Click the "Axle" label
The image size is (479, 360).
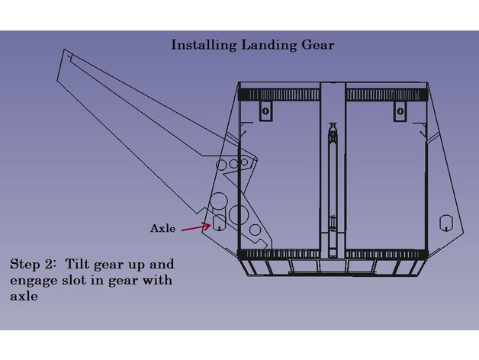[x=163, y=228]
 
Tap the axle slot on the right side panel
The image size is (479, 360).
[x=445, y=223]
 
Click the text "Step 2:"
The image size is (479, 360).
[x=32, y=265]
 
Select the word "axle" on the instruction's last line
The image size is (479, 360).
[x=24, y=296]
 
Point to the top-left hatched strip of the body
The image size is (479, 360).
[x=279, y=95]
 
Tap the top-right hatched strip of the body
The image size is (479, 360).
[x=385, y=95]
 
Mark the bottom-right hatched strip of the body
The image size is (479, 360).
[x=385, y=252]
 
